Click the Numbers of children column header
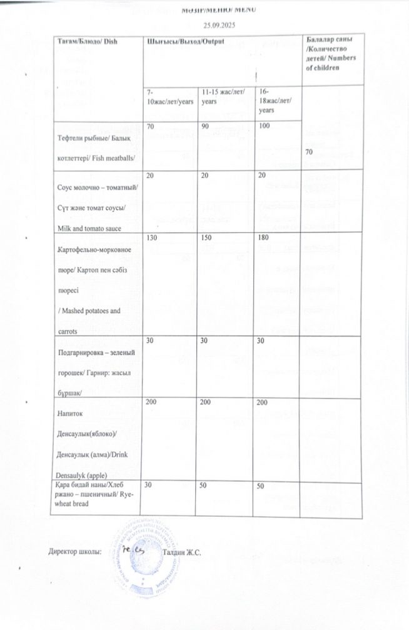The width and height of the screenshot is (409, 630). pos(330,54)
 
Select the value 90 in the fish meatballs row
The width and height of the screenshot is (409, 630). pos(201,127)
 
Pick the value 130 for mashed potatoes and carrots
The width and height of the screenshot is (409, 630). pos(151,239)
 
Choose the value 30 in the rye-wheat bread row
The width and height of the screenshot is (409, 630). pos(149,485)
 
